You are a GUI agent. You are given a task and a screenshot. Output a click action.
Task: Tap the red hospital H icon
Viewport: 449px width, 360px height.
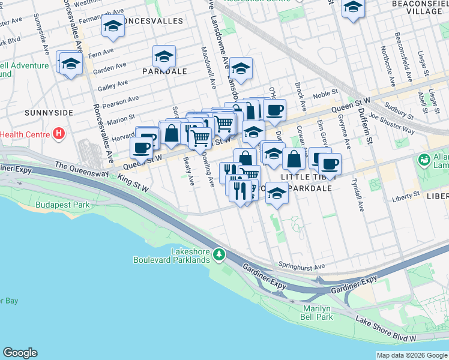point(59,134)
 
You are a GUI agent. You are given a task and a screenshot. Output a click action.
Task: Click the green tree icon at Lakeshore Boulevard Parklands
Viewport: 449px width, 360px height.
point(220,255)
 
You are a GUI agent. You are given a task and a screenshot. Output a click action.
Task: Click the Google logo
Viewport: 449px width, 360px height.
point(20,353)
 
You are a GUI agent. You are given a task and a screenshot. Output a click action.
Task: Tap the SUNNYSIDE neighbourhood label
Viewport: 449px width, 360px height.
point(49,113)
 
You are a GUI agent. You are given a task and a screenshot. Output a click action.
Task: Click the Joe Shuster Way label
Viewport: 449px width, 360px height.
point(391,122)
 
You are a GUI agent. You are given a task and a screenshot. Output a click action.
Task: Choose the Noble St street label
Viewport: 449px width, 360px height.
point(325,93)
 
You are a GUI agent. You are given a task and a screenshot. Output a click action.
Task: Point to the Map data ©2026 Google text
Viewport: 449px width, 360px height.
point(411,355)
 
